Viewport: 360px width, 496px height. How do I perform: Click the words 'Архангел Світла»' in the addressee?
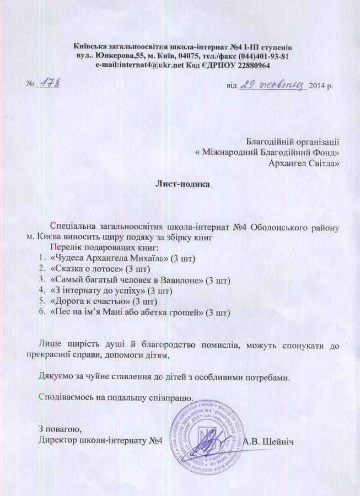point(303,162)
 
